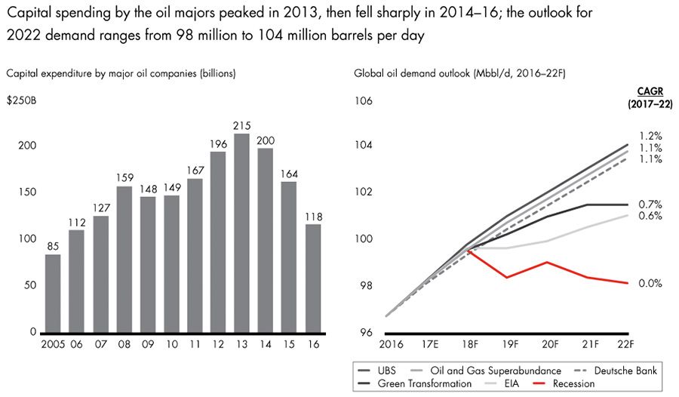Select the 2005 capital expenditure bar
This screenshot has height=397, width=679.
pyautogui.click(x=53, y=294)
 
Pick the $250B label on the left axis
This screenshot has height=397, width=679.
pyautogui.click(x=20, y=99)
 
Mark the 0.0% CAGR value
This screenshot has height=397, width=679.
pyautogui.click(x=650, y=283)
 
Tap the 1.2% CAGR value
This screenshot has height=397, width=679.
pyautogui.click(x=650, y=136)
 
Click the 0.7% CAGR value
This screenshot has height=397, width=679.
pyautogui.click(x=650, y=204)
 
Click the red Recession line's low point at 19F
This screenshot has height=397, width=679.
pyautogui.click(x=506, y=278)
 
